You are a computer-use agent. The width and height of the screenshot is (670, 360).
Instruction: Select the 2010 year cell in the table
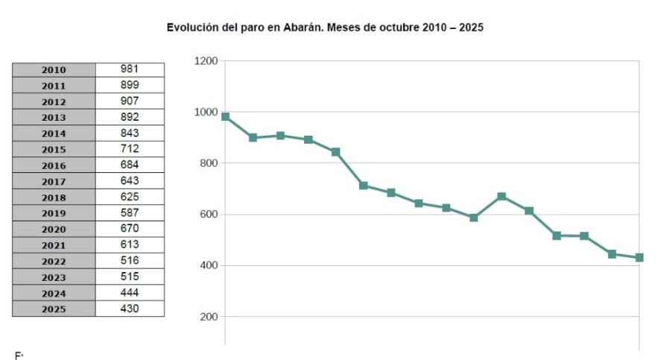[54, 69]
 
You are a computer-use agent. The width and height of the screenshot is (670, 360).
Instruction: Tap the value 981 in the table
[130, 69]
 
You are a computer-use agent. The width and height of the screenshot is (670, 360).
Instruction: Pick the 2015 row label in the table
[54, 149]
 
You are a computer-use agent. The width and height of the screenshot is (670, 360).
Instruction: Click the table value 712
[130, 148]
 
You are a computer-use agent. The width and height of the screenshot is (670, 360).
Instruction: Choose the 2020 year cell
[54, 229]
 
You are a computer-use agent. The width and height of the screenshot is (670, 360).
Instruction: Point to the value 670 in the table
[130, 228]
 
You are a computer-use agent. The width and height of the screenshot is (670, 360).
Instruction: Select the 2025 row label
[54, 309]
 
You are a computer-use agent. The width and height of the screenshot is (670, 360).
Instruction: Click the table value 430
[130, 308]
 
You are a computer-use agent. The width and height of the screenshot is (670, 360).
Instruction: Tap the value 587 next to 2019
[130, 212]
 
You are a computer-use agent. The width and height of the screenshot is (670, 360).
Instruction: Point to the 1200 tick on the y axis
[205, 61]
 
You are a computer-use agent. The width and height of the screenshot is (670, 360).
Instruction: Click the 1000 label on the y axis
[205, 113]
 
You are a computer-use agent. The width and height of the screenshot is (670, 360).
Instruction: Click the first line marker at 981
[225, 116]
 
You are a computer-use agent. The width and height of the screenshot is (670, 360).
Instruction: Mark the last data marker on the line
[639, 258]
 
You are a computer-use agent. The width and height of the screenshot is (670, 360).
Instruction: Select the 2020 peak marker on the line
[502, 197]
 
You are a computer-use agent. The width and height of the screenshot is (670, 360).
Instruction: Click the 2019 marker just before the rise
[473, 218]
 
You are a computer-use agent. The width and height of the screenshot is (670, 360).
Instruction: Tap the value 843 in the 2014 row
[130, 133]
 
